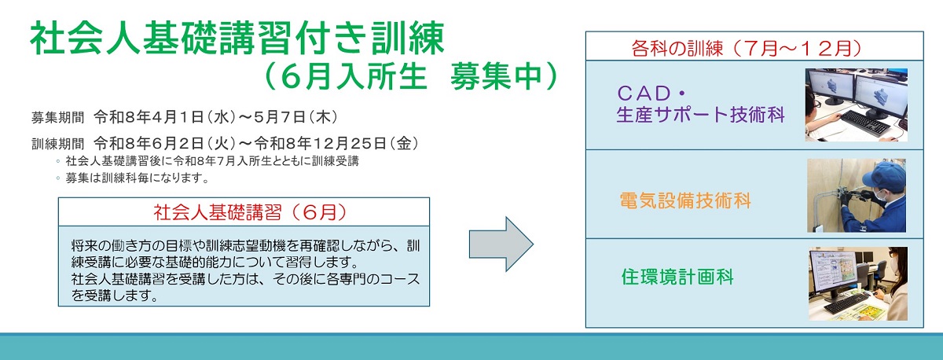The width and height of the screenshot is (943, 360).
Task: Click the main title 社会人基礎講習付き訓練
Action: (x=237, y=38)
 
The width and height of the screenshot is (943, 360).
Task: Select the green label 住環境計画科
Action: (x=678, y=277)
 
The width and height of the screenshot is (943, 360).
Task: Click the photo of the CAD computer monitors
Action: (x=856, y=104)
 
